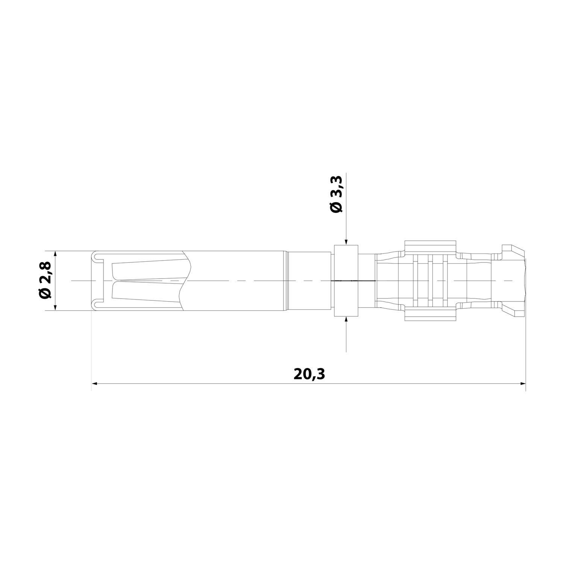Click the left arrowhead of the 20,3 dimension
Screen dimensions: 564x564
[x=95, y=384]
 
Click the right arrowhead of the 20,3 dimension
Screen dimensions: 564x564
[x=523, y=384]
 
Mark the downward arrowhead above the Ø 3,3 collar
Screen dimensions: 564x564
[x=346, y=243]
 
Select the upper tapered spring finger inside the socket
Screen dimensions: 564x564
[x=147, y=269]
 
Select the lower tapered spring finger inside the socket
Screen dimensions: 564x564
[x=147, y=293]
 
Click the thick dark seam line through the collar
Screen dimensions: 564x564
[x=353, y=280]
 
